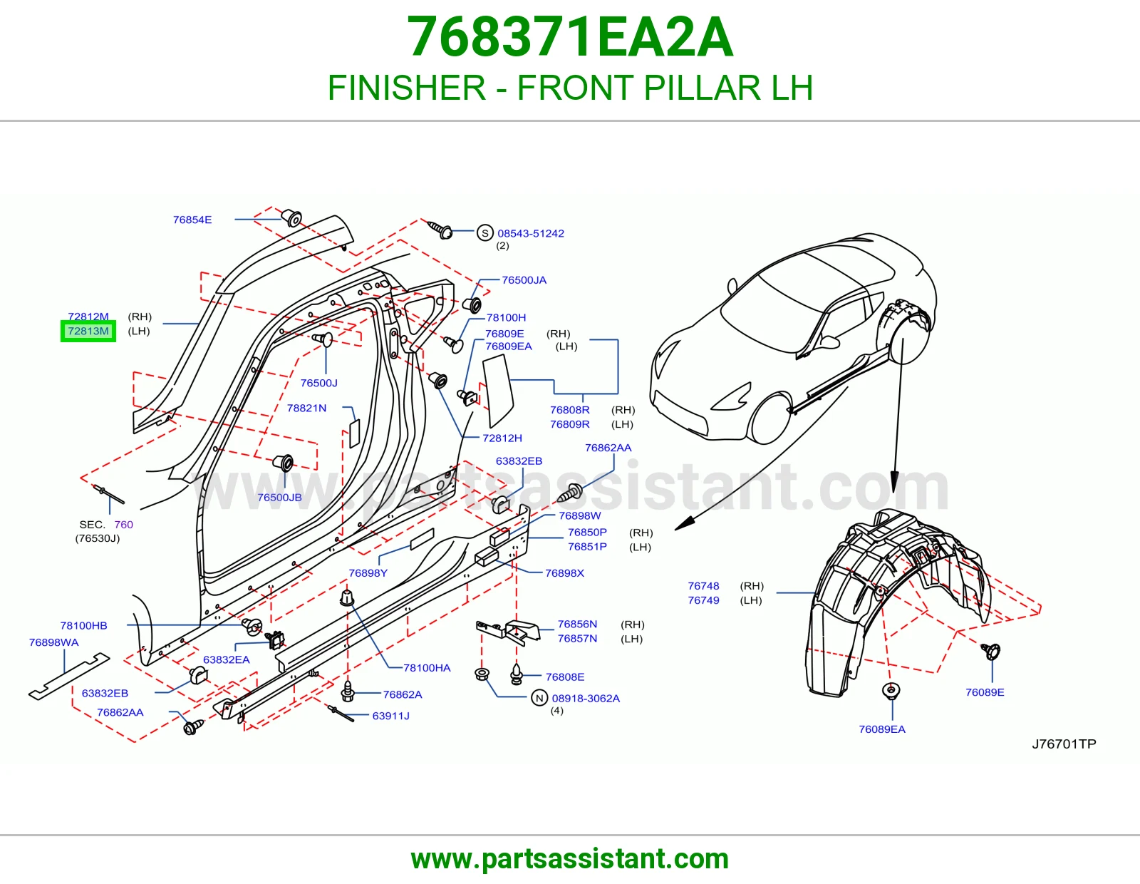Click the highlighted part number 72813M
coord(88,331)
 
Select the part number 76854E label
coord(192,220)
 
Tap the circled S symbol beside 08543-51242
coord(484,233)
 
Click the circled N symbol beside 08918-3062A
coord(539,698)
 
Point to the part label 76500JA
coord(524,279)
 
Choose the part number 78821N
coord(306,408)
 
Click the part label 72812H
coord(502,438)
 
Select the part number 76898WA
coord(53,642)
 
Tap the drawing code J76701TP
coord(1064,744)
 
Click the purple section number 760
coord(124,525)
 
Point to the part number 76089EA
coord(882,729)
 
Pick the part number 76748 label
coord(703,586)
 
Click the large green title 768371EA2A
coord(570,37)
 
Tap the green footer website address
coord(570,859)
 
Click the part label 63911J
coord(391,716)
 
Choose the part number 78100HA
coord(427,668)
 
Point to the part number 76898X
coord(564,572)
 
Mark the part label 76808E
coord(565,677)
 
